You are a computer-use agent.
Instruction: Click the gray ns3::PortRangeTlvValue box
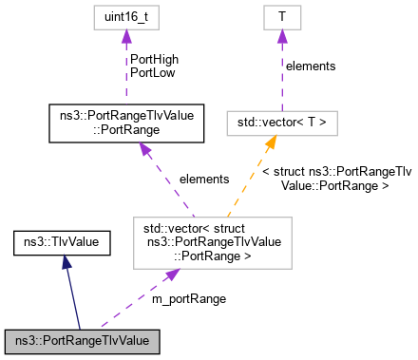pyautogui.click(x=82, y=339)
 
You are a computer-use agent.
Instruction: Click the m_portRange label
pyautogui.click(x=189, y=298)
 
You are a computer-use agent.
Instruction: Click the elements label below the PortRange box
pyautogui.click(x=203, y=179)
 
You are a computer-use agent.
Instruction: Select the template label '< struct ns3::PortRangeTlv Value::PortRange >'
pyautogui.click(x=335, y=179)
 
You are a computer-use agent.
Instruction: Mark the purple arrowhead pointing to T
pyautogui.click(x=281, y=37)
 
